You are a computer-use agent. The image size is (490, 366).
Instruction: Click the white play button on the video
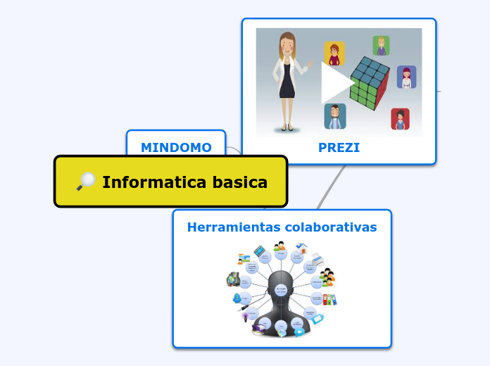(337, 83)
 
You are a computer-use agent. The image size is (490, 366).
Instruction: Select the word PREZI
(339, 148)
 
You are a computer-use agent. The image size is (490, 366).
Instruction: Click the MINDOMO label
(176, 147)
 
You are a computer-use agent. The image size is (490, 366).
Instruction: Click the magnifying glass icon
(86, 182)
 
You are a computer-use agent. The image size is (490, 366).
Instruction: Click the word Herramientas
(233, 227)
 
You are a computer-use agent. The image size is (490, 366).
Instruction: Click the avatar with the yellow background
(334, 53)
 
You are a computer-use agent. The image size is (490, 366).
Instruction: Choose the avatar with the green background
(381, 46)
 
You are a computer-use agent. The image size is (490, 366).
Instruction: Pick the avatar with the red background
(400, 119)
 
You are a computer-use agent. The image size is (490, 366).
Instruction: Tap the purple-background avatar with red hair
(406, 77)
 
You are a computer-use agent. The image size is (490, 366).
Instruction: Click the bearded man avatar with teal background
(335, 116)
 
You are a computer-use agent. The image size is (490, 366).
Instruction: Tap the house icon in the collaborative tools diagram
(302, 248)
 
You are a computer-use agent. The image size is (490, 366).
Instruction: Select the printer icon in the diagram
(318, 258)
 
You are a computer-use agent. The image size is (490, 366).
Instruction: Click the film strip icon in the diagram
(260, 251)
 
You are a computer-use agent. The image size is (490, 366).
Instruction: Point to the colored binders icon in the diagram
(329, 299)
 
